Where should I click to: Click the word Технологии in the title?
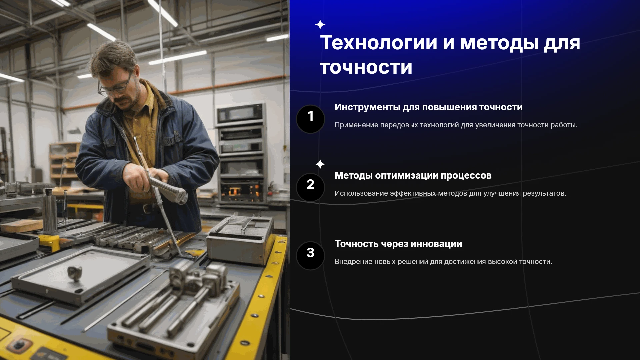click(378, 43)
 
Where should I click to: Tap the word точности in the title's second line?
click(366, 68)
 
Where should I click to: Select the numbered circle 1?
click(310, 119)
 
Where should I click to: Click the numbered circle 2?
click(310, 187)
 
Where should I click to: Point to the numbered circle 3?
click(310, 256)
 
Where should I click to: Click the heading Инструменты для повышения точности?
click(428, 107)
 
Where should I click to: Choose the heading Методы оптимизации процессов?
click(413, 176)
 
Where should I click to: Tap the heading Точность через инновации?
click(398, 244)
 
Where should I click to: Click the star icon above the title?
click(320, 25)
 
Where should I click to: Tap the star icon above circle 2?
click(320, 164)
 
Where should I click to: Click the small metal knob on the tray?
click(75, 272)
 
